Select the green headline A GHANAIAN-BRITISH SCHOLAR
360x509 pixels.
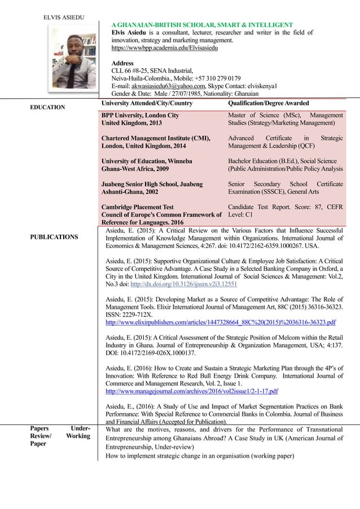(202, 25)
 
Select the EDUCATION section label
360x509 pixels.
(47, 107)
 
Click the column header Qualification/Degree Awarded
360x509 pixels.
(268, 103)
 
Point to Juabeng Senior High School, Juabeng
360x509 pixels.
(152, 184)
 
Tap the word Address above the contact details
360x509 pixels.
(122, 63)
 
